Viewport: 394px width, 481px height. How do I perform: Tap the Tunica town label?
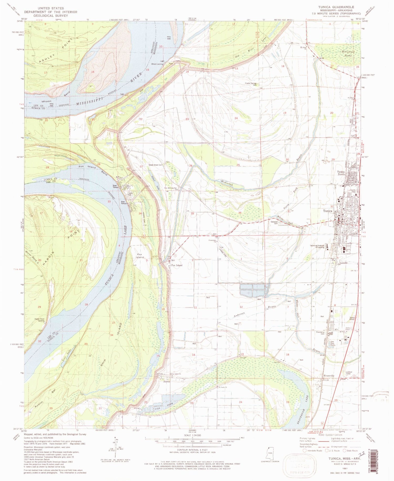pyautogui.click(x=328, y=211)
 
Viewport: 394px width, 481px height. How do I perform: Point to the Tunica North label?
pyautogui.click(x=341, y=173)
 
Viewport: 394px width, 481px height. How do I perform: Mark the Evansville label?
pyautogui.click(x=329, y=376)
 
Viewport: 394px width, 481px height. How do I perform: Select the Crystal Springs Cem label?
pyautogui.click(x=251, y=84)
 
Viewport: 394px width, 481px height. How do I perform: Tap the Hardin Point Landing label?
pyautogui.click(x=39, y=320)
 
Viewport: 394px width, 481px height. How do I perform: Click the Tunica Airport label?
pyautogui.click(x=352, y=318)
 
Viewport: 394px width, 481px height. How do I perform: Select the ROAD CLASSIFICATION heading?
pyautogui.click(x=332, y=435)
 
